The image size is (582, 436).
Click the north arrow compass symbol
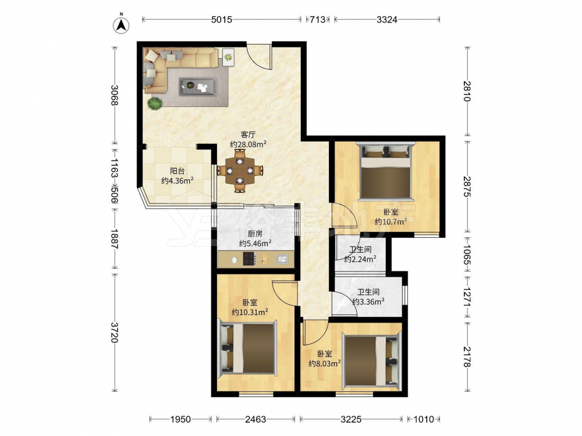(121, 24)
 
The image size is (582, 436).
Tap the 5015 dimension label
(222, 20)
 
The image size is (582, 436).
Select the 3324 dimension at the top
(387, 20)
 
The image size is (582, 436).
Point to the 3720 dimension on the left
(115, 333)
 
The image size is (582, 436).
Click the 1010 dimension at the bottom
(424, 419)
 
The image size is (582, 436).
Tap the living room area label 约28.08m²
(248, 144)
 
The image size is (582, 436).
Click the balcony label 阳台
(178, 171)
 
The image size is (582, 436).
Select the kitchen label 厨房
(255, 234)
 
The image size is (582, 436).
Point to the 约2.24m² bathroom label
(360, 259)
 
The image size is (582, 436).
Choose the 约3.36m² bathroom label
(368, 301)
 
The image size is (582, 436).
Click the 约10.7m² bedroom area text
(391, 221)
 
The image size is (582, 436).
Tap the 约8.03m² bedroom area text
(325, 363)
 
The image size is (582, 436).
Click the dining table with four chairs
(240, 170)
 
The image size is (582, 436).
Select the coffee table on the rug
(198, 87)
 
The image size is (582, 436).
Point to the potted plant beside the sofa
(155, 103)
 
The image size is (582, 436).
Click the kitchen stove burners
(249, 259)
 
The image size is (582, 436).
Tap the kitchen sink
(282, 259)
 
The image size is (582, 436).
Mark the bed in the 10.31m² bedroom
(247, 348)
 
